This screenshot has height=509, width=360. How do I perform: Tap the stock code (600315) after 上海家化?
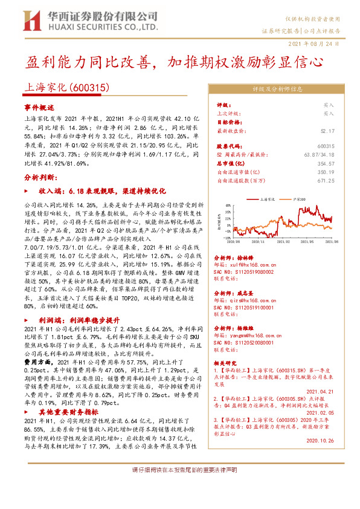pyautogui.click(x=89, y=87)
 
